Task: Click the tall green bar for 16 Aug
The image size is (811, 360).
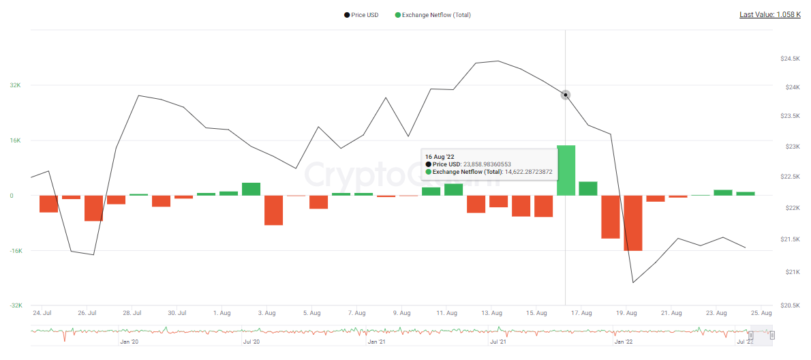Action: [x=566, y=170]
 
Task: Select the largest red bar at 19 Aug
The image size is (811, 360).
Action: [x=633, y=223]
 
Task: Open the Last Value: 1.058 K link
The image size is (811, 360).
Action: [x=771, y=14]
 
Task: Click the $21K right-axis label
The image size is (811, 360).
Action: [x=789, y=272]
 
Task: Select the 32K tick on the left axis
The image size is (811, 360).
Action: [x=15, y=85]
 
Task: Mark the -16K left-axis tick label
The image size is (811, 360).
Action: [x=15, y=251]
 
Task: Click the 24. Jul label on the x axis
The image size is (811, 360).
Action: [x=42, y=313]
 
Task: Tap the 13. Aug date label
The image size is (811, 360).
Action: [x=491, y=313]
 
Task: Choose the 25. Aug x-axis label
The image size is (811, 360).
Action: [x=761, y=313]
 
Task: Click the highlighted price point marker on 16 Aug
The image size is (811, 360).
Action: [x=566, y=95]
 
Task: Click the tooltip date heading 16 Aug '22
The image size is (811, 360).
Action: [x=440, y=157]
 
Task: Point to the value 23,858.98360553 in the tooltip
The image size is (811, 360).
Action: [x=487, y=164]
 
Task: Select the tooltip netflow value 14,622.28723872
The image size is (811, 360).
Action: [x=528, y=172]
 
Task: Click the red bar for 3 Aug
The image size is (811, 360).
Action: [x=273, y=210]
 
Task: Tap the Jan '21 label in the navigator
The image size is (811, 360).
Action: [x=377, y=341]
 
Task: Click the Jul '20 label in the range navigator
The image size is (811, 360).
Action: [x=251, y=341]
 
